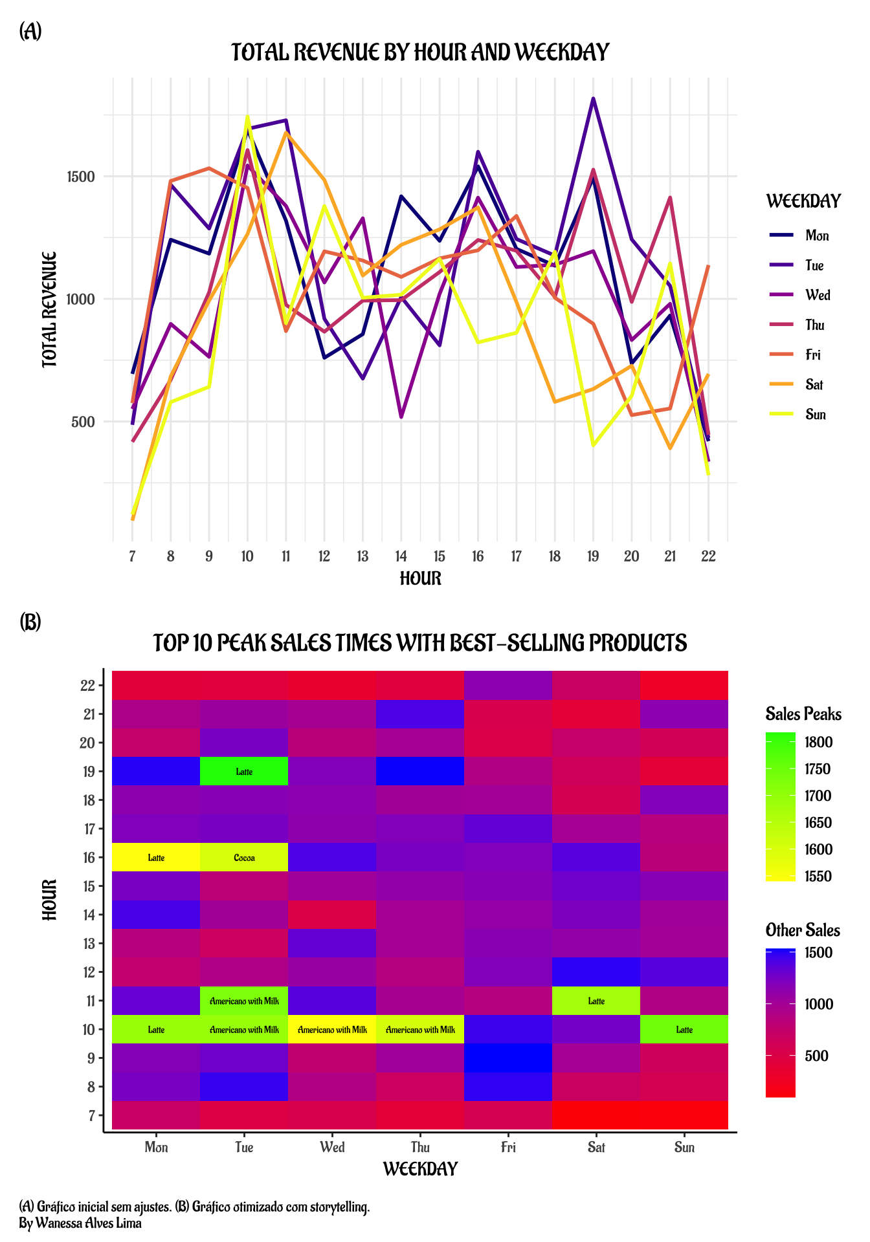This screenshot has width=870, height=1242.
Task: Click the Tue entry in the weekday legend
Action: [814, 265]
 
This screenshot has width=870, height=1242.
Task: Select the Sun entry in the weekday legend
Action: [815, 415]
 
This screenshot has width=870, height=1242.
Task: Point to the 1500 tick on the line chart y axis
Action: [81, 177]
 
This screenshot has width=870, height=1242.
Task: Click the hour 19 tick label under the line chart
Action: [593, 556]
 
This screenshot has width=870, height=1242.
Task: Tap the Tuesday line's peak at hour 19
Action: [593, 99]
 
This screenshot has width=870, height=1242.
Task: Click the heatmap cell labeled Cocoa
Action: [244, 858]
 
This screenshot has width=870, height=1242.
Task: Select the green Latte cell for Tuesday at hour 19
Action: [244, 771]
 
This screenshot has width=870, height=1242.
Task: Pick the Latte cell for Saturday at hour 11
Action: [596, 1001]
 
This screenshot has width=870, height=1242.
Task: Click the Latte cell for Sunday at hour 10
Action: [684, 1029]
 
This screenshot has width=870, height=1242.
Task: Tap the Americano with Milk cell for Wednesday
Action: [332, 1029]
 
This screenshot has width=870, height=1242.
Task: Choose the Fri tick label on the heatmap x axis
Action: [508, 1148]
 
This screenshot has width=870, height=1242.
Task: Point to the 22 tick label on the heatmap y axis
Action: [88, 686]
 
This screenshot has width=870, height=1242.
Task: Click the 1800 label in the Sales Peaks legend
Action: [819, 742]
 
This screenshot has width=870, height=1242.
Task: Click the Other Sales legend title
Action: [803, 930]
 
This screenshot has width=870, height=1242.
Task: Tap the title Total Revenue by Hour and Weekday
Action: [420, 52]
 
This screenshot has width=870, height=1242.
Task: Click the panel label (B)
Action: [30, 622]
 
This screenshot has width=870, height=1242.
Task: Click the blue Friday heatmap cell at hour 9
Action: [508, 1058]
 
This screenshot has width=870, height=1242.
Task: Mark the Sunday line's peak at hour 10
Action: [247, 117]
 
